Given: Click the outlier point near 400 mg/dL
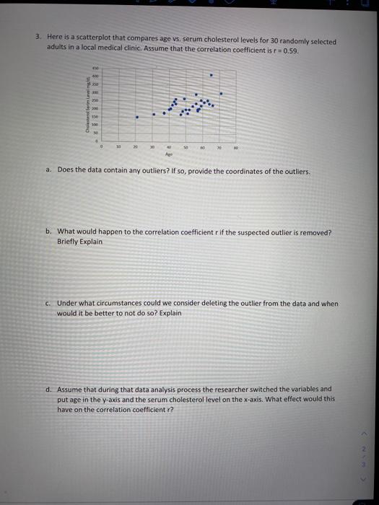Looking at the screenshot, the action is [x=211, y=74].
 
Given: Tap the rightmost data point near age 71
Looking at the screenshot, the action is [x=221, y=93].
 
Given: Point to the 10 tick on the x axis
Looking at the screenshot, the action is [x=118, y=146].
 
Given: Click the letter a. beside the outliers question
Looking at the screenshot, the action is [x=47, y=171].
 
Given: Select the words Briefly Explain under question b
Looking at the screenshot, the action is [x=80, y=242].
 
